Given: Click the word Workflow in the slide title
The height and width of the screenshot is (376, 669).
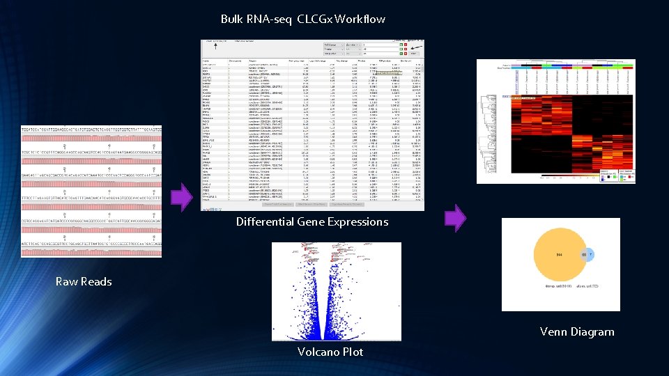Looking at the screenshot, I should pyautogui.click(x=360, y=19).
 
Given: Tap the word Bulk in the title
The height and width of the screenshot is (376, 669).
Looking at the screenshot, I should pyautogui.click(x=232, y=19).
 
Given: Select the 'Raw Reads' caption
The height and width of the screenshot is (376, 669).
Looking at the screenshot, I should pyautogui.click(x=84, y=281).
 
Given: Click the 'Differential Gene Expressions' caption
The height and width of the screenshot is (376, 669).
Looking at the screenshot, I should pyautogui.click(x=312, y=222).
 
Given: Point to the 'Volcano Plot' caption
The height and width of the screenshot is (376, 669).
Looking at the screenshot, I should pyautogui.click(x=330, y=352).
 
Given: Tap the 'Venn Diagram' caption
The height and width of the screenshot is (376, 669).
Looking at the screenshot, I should pyautogui.click(x=577, y=331).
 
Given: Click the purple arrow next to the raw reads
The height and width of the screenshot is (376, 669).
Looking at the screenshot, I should pyautogui.click(x=180, y=196).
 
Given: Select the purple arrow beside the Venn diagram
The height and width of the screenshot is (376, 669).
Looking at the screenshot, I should pyautogui.click(x=455, y=218).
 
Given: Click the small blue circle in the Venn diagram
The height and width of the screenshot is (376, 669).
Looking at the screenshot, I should pyautogui.click(x=587, y=256).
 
